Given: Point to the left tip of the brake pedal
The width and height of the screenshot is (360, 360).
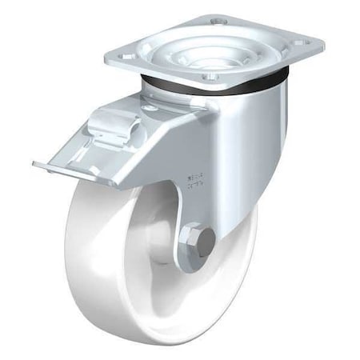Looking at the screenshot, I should click(x=37, y=165).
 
